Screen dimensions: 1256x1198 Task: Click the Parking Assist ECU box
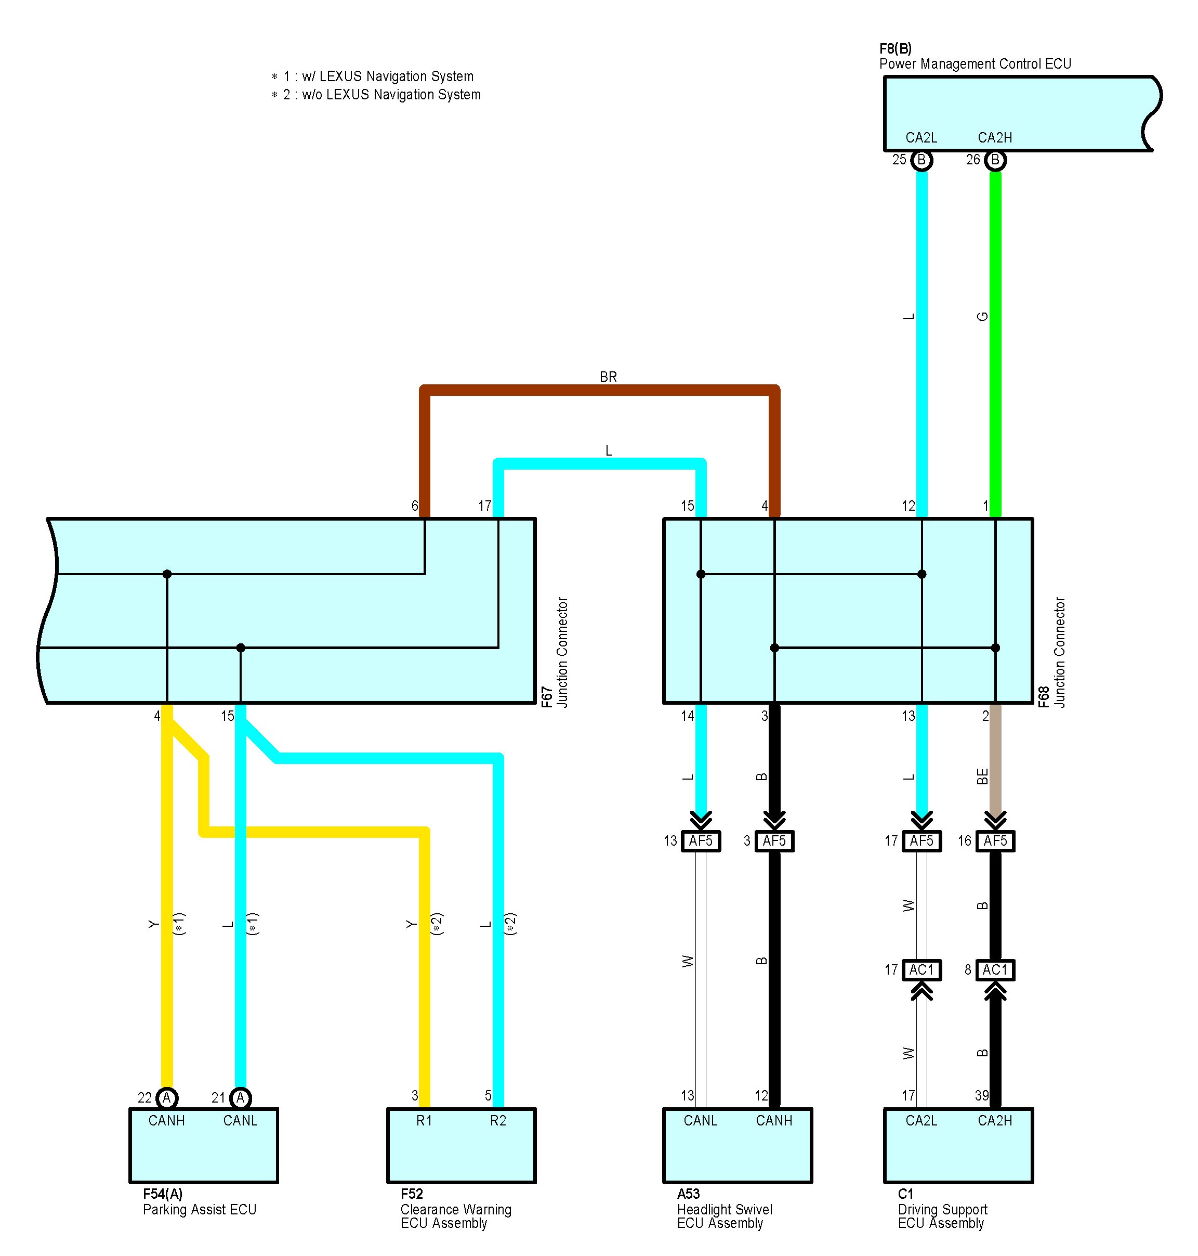point(204,1145)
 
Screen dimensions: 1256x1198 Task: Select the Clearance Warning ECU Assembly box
point(461,1145)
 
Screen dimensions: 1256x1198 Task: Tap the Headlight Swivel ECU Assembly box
point(738,1145)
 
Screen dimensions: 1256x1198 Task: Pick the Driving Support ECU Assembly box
point(958,1145)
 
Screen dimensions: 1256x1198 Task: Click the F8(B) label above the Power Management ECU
point(896,48)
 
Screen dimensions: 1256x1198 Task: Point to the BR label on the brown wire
point(608,377)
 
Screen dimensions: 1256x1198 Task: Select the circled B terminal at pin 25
point(921,160)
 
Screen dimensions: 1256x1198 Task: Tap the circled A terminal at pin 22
point(167,1097)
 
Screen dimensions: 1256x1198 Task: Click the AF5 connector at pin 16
point(995,841)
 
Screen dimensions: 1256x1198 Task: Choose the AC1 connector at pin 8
point(995,970)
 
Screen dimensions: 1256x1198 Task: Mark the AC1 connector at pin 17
point(921,970)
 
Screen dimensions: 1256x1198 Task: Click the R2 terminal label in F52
point(498,1121)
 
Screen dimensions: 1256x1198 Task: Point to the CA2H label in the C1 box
point(995,1121)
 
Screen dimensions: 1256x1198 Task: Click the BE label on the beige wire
point(982,776)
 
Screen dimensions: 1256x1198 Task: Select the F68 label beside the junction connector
point(1044,696)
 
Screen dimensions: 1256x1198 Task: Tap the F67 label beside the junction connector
point(547,696)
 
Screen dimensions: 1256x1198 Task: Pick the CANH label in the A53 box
point(774,1121)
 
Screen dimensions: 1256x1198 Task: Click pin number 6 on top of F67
point(414,506)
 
